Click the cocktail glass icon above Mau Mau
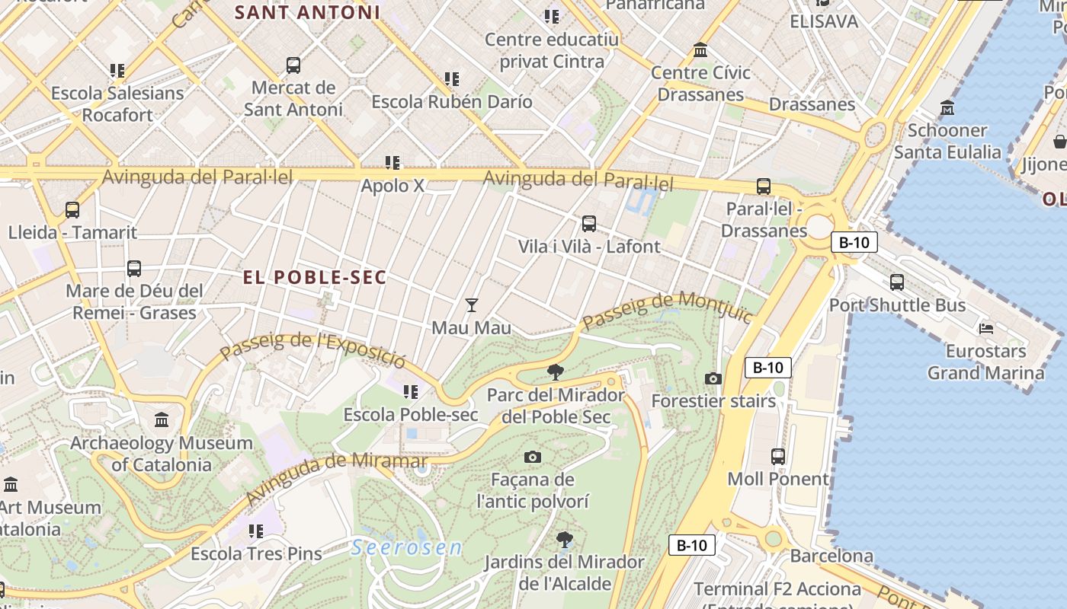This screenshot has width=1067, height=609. click(x=472, y=305)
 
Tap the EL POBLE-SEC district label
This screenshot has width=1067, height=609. click(x=315, y=278)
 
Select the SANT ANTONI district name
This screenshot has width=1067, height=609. click(x=307, y=13)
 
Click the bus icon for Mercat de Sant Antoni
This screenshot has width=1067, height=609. click(x=293, y=65)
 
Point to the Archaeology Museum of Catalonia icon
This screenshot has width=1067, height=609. click(x=162, y=420)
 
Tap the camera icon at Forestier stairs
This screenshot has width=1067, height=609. click(x=713, y=378)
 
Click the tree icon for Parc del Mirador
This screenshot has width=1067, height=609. click(x=556, y=372)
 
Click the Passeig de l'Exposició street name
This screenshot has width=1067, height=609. click(x=312, y=349)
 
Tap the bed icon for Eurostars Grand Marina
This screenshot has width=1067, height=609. click(x=985, y=329)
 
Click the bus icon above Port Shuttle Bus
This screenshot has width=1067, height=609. click(x=897, y=282)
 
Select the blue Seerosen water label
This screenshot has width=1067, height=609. click(x=407, y=547)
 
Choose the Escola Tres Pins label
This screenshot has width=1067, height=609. click(x=256, y=553)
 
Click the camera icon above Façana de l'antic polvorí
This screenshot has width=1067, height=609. click(x=533, y=457)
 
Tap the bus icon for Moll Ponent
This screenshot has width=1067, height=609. click(x=777, y=457)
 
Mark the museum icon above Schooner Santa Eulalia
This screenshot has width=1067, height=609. click(x=947, y=107)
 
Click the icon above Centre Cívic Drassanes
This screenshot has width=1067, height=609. click(x=700, y=51)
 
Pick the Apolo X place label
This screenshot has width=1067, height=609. click(x=393, y=185)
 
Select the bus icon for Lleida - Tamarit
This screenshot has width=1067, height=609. click(x=72, y=210)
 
